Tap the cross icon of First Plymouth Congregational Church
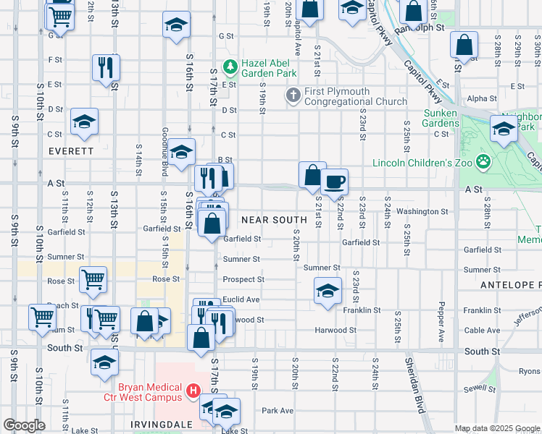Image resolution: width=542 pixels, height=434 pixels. point(293,95)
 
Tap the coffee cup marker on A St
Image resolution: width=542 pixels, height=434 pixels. point(334,182)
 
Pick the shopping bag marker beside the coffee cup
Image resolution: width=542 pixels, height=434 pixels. point(312,175)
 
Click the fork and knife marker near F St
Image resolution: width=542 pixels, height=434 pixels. point(106,68)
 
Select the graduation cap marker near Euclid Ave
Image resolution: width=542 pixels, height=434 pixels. point(328,292)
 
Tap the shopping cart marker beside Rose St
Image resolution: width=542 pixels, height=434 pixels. point(93,280)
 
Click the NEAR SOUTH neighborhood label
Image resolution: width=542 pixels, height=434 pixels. point(270,219)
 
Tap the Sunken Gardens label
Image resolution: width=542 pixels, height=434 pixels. point(440,119)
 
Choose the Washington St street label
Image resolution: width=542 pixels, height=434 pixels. point(422,211)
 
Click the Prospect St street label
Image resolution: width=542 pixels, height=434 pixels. point(243,279)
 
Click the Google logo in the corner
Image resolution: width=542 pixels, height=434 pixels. point(24,425)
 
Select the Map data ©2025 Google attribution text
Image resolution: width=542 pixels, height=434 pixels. point(497,428)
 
